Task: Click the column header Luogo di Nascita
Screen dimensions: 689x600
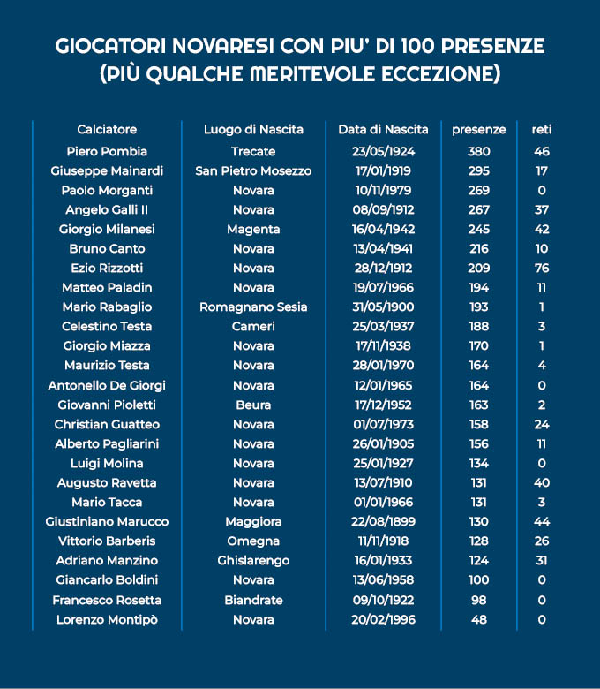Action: click(253, 129)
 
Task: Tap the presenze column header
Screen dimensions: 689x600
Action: click(478, 129)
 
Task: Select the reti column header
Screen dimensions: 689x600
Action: click(542, 129)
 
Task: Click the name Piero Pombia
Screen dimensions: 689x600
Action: click(107, 151)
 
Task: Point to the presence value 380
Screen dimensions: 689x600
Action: click(478, 151)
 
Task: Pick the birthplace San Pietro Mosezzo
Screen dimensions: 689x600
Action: click(253, 170)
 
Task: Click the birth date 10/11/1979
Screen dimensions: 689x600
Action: click(383, 190)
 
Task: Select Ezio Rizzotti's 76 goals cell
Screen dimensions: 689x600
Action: click(542, 268)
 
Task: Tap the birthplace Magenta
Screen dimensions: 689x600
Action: click(253, 229)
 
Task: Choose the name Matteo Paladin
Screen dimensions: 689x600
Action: click(107, 287)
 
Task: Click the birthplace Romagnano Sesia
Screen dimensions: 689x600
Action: click(253, 307)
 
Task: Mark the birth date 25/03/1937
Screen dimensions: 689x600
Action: click(383, 327)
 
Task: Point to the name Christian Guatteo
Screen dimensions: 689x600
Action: click(107, 424)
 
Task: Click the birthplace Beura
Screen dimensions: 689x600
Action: click(253, 405)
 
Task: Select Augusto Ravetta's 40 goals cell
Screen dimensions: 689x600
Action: click(542, 482)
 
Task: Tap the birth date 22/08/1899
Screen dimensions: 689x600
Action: click(383, 521)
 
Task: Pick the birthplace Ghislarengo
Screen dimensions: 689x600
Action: click(253, 560)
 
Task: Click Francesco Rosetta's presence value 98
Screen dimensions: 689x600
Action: click(478, 600)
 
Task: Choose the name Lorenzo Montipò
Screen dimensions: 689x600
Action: click(107, 619)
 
